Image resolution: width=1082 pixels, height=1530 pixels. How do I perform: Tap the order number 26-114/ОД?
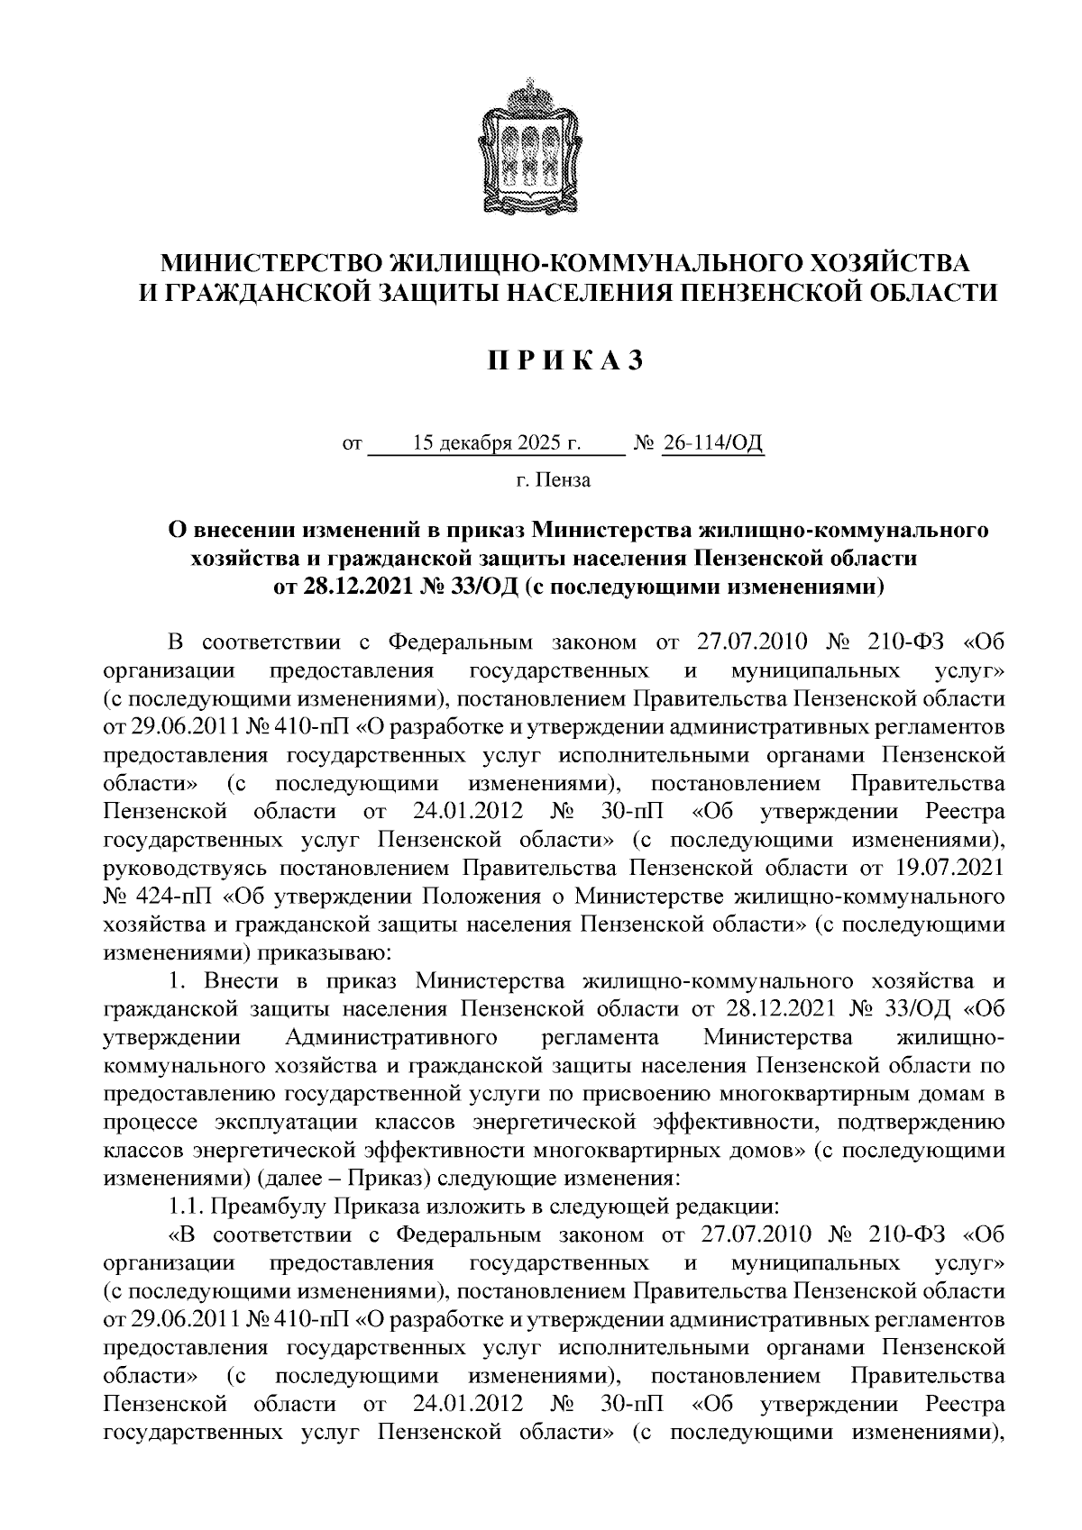click(713, 444)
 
